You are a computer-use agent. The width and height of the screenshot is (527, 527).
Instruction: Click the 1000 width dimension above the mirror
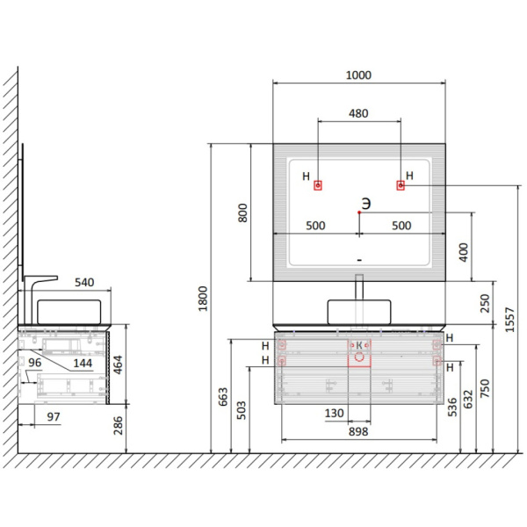pos(358,75)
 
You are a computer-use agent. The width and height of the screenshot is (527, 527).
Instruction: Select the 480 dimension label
pos(358,113)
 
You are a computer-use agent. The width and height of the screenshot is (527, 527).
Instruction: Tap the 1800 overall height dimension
pos(203,299)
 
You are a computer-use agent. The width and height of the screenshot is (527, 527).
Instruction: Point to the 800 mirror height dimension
pos(242,213)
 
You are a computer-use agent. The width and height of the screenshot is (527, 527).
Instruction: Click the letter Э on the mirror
pos(366,204)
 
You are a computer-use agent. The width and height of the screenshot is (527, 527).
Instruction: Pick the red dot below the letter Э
pos(359,213)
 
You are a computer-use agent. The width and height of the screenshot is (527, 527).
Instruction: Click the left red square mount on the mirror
pos(318,185)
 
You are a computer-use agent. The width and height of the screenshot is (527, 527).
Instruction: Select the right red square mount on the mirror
pos(401,185)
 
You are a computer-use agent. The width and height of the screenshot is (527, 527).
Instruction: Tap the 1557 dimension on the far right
pos(509,320)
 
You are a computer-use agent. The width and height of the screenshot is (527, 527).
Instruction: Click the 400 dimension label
pos(464,253)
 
